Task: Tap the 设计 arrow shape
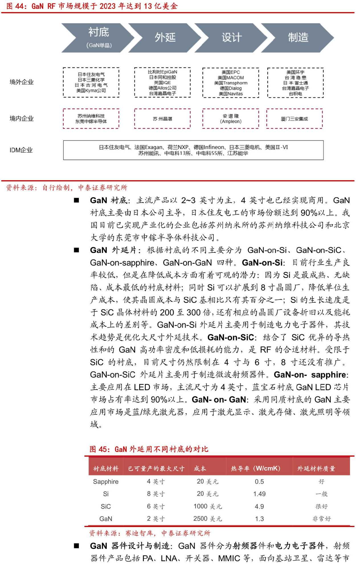pos(232,38)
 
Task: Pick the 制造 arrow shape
pos(298,38)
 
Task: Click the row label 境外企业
pos(22,82)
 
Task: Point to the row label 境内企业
pos(22,119)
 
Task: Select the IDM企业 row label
pos(21,150)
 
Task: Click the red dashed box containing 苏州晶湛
pos(162,119)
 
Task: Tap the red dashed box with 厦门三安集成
pos(294,119)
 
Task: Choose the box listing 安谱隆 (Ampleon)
pos(231,119)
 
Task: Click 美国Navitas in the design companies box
pos(231,94)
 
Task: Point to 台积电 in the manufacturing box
pos(295,94)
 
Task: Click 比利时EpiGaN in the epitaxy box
pos(162,72)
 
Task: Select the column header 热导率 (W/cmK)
pos(255,469)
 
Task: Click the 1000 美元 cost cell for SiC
pos(208,506)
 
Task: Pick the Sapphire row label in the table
pos(106,482)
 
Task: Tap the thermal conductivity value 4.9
pos(259,506)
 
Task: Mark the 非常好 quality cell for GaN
pos(322,519)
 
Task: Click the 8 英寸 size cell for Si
pos(156,494)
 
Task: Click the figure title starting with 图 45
pos(149,449)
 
